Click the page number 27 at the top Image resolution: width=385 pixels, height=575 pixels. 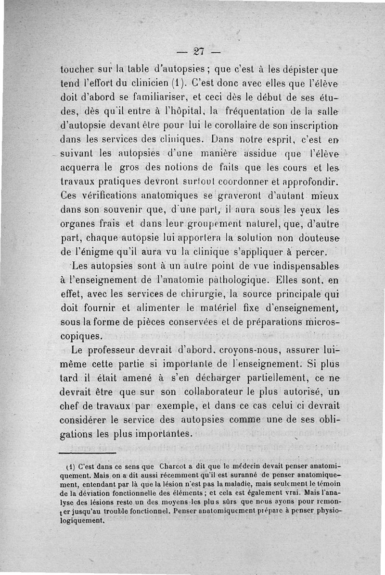(x=198, y=51)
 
